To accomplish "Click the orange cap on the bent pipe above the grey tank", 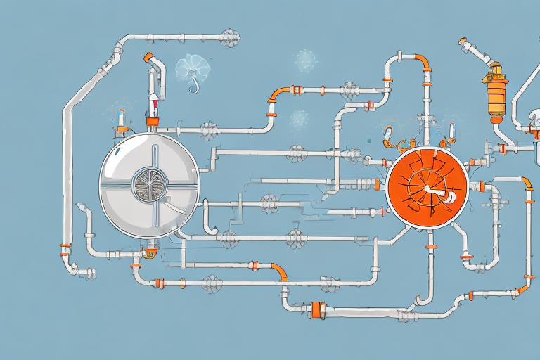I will pos(148,58).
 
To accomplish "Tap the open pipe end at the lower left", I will pos(91,272).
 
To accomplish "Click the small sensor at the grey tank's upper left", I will pos(122,121).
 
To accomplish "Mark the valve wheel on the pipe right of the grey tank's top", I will pos(208,129).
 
